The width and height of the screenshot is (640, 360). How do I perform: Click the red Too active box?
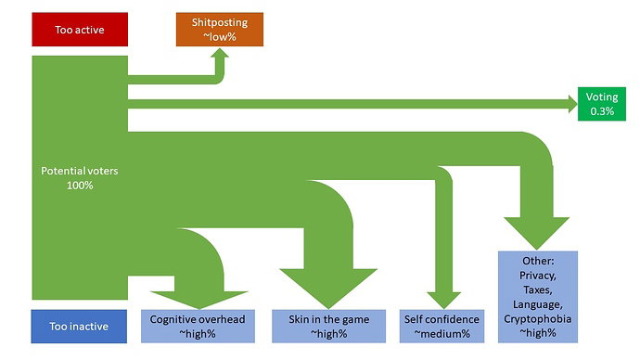80,30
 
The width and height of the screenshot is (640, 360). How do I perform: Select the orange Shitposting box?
220,30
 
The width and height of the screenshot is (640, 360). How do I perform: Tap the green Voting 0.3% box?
602,104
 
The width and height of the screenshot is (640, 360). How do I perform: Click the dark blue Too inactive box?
79,327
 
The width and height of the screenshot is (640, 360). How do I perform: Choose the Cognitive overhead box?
198,327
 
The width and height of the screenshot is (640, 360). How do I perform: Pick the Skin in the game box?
329,327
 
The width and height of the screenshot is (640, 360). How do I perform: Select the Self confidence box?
442,327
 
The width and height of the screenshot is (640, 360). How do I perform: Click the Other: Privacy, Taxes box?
538,297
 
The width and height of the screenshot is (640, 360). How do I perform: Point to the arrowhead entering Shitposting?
221,55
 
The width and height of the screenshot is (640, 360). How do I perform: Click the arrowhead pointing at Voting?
572,104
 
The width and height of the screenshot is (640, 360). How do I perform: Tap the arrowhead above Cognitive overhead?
199,300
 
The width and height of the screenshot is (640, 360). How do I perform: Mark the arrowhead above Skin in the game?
328,289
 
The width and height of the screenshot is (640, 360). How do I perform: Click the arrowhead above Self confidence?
444,301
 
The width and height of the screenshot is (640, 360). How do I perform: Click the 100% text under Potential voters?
80,186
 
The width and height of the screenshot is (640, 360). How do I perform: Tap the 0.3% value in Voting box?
602,111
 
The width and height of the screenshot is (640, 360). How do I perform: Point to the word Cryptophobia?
538,319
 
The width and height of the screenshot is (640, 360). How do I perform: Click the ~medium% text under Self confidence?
442,334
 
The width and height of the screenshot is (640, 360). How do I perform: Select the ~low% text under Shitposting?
220,37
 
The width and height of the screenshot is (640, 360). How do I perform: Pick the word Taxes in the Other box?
538,290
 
